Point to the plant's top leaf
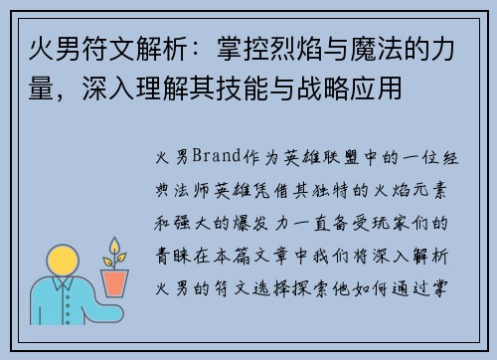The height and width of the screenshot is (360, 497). click(115, 244)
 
